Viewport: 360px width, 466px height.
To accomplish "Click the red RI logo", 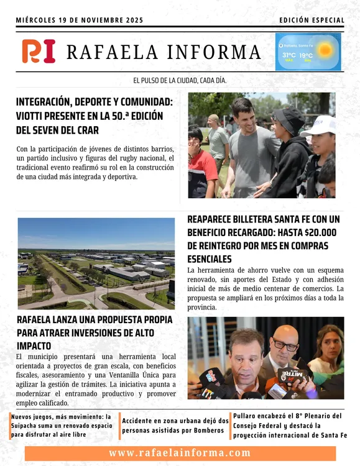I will (x=39, y=51).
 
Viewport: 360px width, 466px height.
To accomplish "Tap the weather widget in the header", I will (x=308, y=52).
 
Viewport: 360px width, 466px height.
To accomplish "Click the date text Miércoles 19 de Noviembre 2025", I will (x=80, y=21).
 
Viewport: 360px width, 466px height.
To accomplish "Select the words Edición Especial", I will (x=312, y=21).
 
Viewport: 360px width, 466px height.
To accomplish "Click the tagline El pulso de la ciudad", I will (x=180, y=81).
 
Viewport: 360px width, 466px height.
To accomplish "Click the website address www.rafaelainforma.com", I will (x=179, y=453).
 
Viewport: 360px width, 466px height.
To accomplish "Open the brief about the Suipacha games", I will (x=62, y=425).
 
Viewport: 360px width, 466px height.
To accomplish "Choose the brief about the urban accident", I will (x=175, y=425).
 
